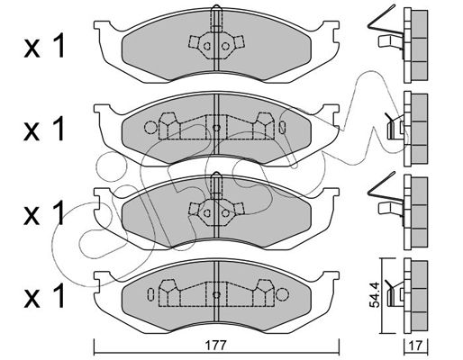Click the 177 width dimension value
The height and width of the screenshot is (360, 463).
tap(215, 346)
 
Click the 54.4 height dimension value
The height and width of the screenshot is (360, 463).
tap(375, 294)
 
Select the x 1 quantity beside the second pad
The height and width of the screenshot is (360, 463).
tap(44, 129)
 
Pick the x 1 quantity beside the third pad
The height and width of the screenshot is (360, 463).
tap(44, 212)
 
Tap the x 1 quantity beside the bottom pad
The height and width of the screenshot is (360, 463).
tap(44, 296)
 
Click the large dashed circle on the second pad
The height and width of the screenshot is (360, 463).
tap(150, 128)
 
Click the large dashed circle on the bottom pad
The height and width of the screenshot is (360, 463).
tap(282, 294)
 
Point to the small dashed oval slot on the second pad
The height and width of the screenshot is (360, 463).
tap(282, 128)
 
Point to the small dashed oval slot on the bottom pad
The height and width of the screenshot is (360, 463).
tap(150, 294)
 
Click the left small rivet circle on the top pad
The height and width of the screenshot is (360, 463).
tap(206, 46)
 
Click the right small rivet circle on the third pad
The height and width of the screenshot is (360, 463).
tap(225, 213)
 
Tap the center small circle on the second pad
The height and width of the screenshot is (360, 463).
tap(216, 128)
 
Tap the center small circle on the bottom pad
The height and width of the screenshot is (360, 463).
tap(216, 294)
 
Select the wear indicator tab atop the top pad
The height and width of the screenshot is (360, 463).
tap(216, 19)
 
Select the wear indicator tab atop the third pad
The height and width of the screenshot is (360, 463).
tap(216, 186)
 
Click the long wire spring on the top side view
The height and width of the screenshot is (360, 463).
tap(385, 22)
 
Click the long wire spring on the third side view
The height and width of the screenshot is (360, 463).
tap(385, 190)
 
